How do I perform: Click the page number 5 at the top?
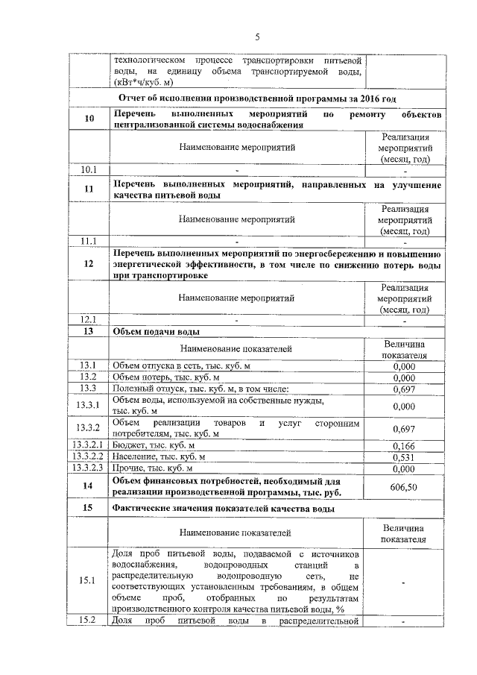256,37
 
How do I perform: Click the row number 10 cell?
89,119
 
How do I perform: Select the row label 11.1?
89,240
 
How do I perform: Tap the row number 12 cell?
89,263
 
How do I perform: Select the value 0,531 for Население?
403,456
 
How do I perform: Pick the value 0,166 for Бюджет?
403,445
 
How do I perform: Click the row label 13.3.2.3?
89,468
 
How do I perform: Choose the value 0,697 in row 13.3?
403,388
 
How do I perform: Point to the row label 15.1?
89,581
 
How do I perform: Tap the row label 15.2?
89,621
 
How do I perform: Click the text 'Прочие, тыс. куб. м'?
153,468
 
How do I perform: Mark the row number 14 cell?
89,486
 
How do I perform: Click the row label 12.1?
89,320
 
